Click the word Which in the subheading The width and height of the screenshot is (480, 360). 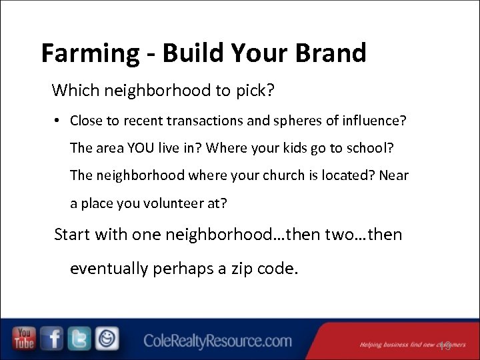coord(73,89)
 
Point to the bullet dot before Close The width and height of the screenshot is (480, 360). coord(59,121)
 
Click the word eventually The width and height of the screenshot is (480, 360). coord(109,268)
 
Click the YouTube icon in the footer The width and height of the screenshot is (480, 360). coord(24,339)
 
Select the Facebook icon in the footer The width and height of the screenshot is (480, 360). coord(52,339)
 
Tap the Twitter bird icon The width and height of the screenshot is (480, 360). coord(79,339)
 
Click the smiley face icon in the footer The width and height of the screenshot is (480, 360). coord(106,339)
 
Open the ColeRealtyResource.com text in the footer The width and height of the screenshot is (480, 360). coord(217,341)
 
